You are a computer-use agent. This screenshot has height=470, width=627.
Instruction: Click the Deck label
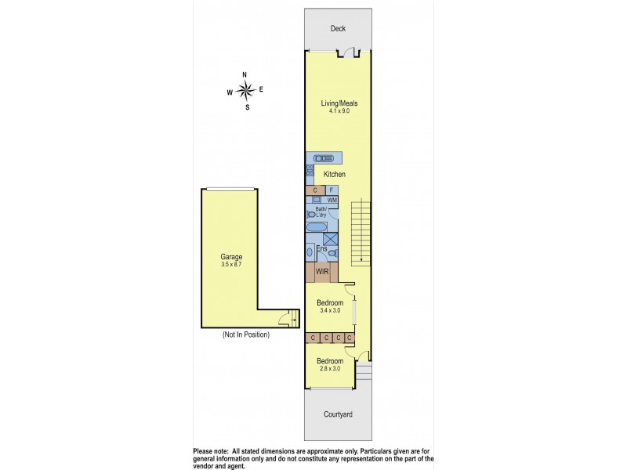click(338, 29)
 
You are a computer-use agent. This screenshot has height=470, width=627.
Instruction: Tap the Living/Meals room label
click(339, 103)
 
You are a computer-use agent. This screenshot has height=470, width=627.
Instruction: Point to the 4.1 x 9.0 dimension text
click(339, 112)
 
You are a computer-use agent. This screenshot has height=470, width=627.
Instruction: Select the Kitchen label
click(335, 174)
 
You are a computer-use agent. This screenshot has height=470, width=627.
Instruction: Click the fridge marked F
click(332, 190)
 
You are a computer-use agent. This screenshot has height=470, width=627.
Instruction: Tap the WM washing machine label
click(332, 201)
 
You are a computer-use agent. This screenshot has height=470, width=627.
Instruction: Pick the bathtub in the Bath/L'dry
click(317, 227)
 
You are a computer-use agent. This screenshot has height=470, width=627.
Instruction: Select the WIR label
click(321, 273)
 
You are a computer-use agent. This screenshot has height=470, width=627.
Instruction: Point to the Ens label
click(321, 249)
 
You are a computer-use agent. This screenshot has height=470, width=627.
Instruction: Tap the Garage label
click(230, 257)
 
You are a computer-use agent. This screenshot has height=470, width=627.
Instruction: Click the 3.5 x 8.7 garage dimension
click(230, 266)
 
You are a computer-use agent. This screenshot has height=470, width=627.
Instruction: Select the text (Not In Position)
click(245, 335)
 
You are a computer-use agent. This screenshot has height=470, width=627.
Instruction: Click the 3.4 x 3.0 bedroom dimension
click(329, 311)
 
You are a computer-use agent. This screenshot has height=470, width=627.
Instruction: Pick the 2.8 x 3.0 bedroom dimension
click(329, 370)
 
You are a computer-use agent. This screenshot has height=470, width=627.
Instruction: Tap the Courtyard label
click(339, 414)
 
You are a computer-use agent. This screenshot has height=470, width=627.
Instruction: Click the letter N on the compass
click(245, 74)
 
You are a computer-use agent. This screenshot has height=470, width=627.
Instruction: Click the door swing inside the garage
click(290, 320)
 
